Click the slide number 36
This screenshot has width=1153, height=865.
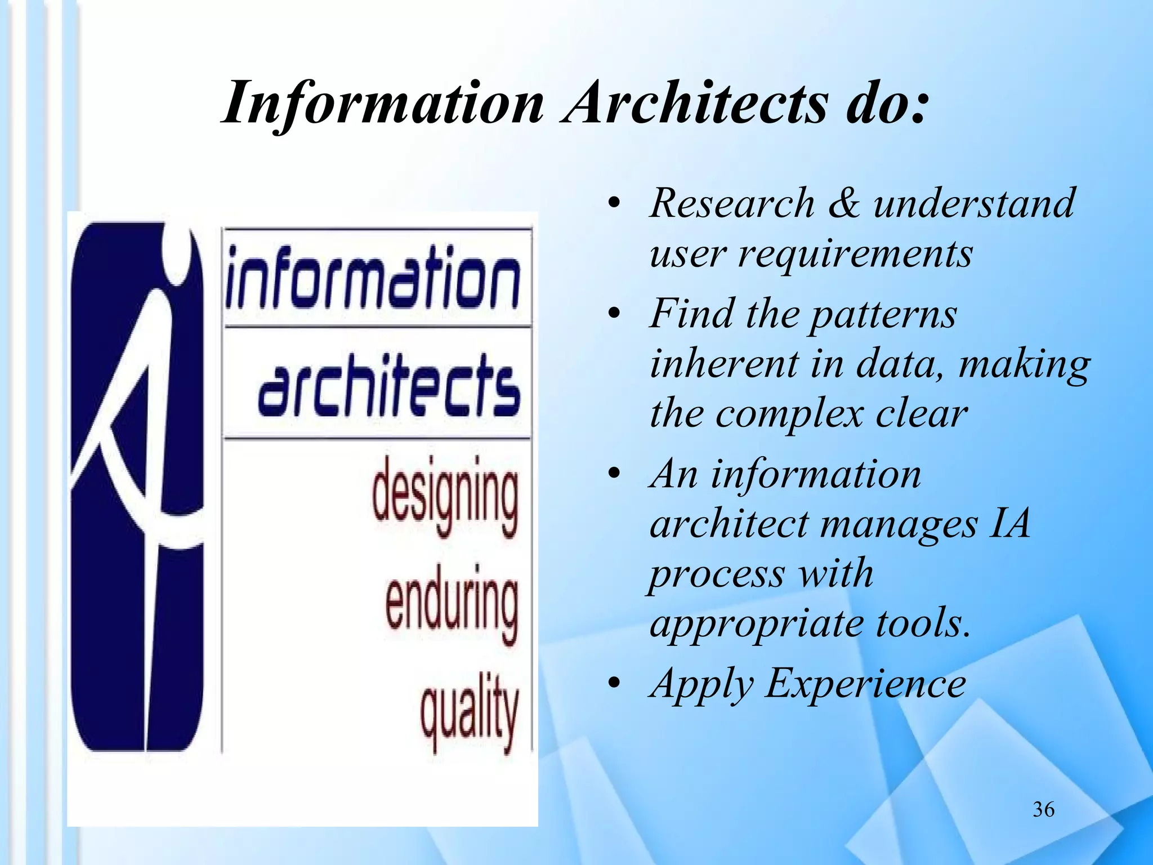pos(1043,809)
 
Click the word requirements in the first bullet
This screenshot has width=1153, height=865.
pos(855,255)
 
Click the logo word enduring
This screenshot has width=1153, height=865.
pos(452,603)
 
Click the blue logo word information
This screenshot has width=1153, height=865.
pos(373,279)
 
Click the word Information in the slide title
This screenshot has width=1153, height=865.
pos(383,104)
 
